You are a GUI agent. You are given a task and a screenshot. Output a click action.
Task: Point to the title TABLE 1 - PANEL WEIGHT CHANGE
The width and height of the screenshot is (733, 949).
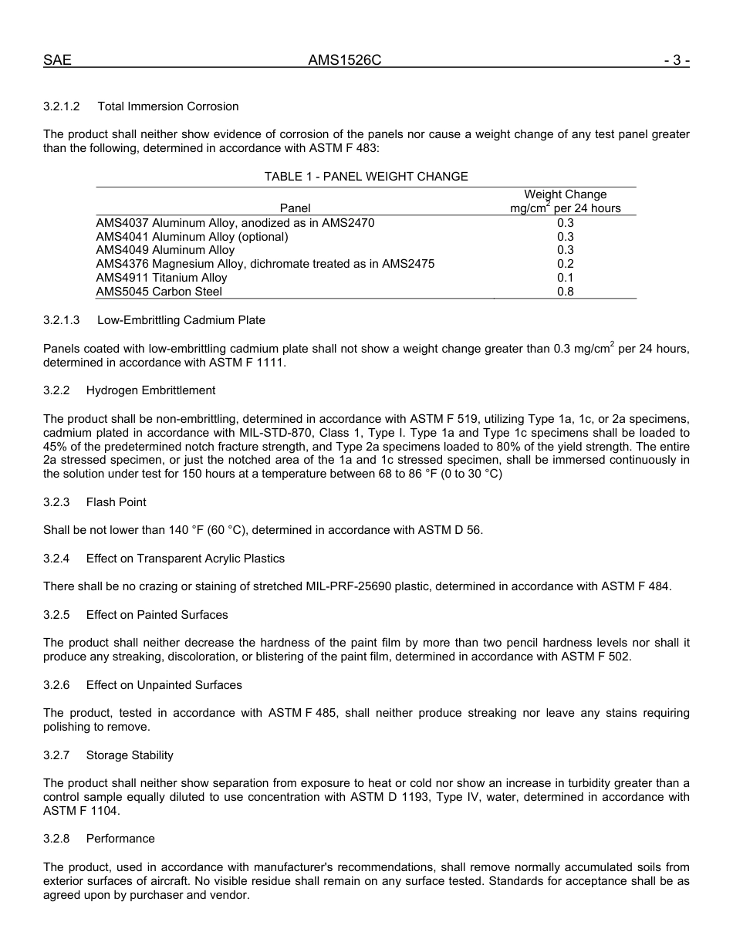366,177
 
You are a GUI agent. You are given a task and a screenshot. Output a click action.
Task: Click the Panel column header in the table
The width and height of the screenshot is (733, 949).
295,208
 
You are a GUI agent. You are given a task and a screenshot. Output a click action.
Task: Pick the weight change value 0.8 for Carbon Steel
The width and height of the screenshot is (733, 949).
566,292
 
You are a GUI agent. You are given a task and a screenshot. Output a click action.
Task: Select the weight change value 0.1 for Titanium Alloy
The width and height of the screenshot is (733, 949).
566,278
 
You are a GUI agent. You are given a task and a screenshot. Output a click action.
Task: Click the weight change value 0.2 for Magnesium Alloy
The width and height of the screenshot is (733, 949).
566,264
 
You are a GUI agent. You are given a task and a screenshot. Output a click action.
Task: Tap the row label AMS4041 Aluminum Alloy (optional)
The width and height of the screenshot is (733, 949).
192,237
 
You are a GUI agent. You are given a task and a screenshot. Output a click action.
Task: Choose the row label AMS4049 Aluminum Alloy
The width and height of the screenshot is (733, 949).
165,250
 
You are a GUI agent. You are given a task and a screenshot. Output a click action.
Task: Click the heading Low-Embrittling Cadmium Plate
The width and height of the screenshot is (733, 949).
181,320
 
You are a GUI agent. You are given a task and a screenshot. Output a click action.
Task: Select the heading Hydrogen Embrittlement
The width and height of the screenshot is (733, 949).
151,390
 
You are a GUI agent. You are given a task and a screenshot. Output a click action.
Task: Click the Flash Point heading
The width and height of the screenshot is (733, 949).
117,502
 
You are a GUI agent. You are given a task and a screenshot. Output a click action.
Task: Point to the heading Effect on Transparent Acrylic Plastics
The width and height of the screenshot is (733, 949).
185,559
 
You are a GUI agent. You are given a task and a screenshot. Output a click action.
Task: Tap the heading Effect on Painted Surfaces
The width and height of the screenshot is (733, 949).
157,615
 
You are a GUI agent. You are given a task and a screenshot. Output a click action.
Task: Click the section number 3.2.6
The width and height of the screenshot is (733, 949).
56,685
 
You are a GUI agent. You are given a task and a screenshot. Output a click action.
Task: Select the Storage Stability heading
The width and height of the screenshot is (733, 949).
130,755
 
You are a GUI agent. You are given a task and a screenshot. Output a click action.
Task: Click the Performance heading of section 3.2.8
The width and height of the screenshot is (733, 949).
120,839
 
